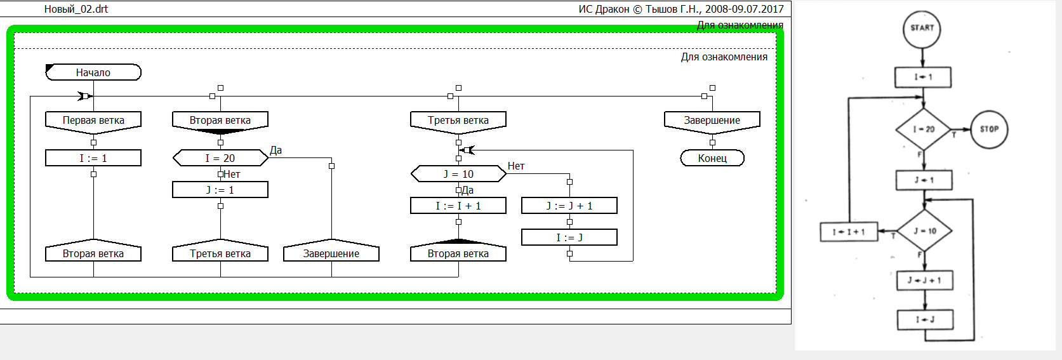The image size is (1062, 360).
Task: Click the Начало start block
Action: [93, 72]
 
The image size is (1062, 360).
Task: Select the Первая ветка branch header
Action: [93, 121]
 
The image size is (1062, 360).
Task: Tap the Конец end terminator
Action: [712, 158]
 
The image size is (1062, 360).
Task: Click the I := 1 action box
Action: [93, 158]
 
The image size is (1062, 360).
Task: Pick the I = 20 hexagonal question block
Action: [220, 158]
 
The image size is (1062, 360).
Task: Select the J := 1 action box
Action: [220, 190]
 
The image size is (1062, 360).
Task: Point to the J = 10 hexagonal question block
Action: [458, 174]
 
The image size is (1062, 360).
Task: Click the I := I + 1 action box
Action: [458, 206]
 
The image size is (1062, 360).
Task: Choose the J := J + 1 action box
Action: [569, 206]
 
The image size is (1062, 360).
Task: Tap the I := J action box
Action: [569, 237]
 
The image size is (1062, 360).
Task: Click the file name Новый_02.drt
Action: [76, 9]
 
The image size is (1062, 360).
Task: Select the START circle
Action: [922, 29]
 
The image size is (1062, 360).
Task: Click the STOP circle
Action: [989, 129]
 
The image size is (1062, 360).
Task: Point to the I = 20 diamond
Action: [924, 129]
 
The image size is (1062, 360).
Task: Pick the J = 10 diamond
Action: [924, 231]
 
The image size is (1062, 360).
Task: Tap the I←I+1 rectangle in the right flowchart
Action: [849, 232]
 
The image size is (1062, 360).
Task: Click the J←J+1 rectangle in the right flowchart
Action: [924, 281]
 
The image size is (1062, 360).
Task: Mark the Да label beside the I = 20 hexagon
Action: [276, 150]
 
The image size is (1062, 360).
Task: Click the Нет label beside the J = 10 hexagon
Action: [516, 166]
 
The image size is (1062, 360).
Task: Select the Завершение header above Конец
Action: [712, 121]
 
